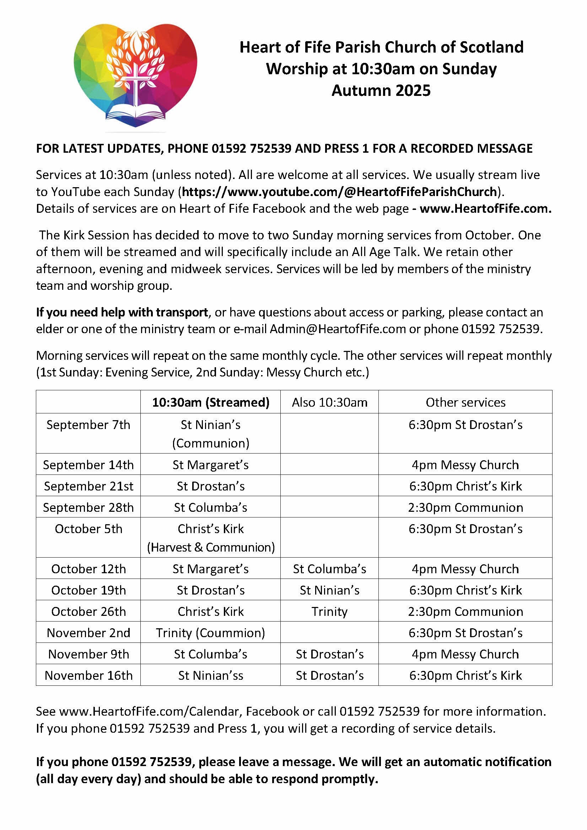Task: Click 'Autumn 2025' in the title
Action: tap(381, 90)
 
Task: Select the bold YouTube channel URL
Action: tap(339, 191)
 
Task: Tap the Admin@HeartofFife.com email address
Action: tap(338, 329)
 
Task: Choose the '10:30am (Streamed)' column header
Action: tap(210, 402)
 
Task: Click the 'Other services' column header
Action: tap(465, 402)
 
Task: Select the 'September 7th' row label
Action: tap(88, 425)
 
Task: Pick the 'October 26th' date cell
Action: tap(88, 611)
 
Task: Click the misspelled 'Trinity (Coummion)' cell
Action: tap(210, 633)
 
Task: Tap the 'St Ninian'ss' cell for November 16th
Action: tap(210, 675)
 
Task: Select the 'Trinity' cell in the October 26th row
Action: tap(329, 611)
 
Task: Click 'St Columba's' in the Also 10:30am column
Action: tap(329, 569)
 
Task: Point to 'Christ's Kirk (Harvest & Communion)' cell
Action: tap(210, 538)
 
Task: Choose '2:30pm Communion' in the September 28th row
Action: tap(465, 507)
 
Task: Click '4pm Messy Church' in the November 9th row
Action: tap(465, 654)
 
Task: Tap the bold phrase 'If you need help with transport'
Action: tap(122, 312)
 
